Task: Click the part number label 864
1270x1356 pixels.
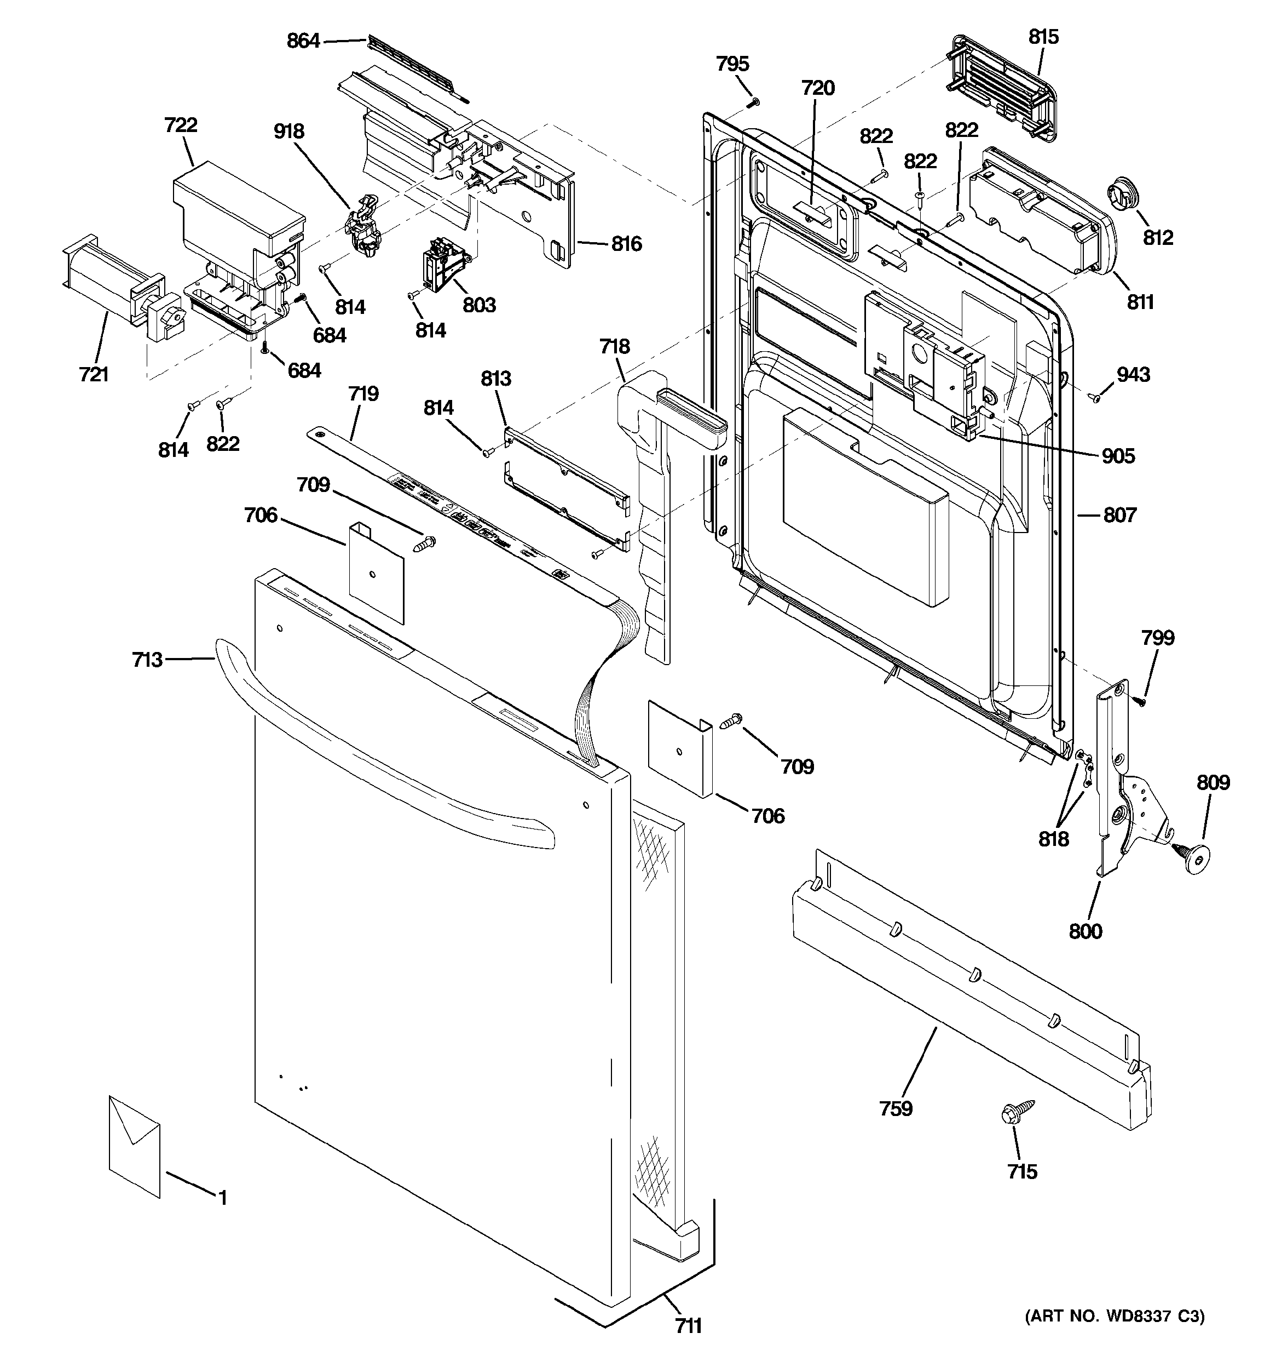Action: pos(303,42)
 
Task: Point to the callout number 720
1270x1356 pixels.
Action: pos(817,88)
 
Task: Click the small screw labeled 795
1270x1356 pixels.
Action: pos(753,102)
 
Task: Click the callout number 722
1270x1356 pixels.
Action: pos(181,125)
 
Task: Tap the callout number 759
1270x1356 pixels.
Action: pos(895,1108)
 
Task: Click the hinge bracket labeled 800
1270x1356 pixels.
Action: pos(1111,777)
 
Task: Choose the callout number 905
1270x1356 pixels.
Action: pos(1118,456)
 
